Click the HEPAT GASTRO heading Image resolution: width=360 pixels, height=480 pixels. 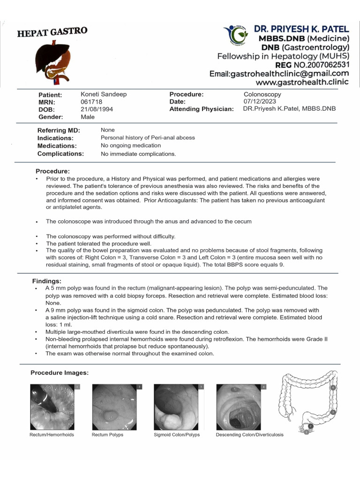[x=52, y=32]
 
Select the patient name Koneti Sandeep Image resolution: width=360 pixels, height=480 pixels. [x=104, y=94]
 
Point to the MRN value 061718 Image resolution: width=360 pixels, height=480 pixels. [x=91, y=102]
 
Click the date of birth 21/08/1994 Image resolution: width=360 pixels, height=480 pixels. [x=97, y=109]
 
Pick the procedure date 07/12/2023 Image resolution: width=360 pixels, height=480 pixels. [x=260, y=101]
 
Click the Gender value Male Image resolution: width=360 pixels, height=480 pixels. [x=88, y=116]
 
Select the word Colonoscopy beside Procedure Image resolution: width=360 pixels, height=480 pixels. [x=262, y=94]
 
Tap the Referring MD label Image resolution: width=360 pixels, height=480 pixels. [x=59, y=130]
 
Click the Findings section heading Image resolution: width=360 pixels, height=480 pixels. [x=47, y=281]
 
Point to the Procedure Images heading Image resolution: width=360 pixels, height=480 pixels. [x=60, y=373]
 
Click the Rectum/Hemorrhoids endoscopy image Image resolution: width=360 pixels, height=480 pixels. [x=52, y=407]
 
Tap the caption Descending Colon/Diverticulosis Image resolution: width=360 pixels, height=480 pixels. [x=249, y=435]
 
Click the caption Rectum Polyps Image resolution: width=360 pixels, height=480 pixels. [x=107, y=435]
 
